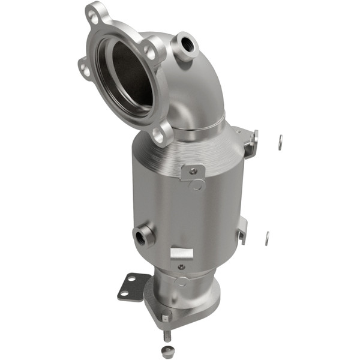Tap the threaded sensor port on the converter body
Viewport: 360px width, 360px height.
(142, 236)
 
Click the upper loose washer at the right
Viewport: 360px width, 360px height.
(280, 142)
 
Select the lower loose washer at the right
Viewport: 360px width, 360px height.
(267, 237)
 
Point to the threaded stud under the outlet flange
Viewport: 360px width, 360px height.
(166, 335)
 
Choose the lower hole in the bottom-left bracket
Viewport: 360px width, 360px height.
(124, 293)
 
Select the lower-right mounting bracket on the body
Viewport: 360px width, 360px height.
(241, 229)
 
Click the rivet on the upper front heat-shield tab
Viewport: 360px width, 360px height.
(193, 171)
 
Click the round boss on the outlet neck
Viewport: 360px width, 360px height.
(182, 281)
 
